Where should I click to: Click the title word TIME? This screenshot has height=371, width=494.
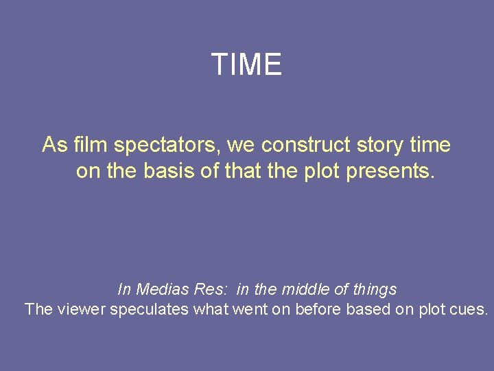pos(246,65)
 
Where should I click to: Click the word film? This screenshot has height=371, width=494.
pos(91,146)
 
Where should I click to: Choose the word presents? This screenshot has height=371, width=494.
pos(390,170)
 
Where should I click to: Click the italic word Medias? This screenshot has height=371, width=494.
pos(160,289)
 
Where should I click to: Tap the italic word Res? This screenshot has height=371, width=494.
pos(210,289)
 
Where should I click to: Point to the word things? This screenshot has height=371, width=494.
pos(373,289)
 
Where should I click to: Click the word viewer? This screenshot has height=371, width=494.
pos(81,309)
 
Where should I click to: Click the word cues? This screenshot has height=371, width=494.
pos(470,309)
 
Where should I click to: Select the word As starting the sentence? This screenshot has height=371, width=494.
pos(54,146)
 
